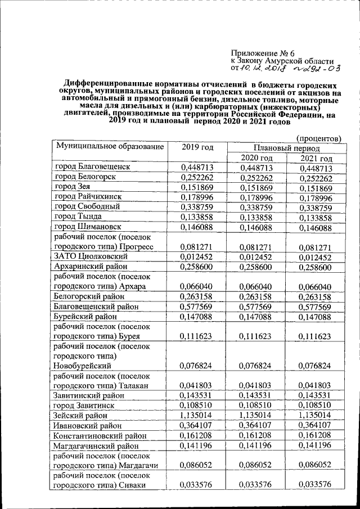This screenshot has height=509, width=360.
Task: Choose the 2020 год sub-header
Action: click(x=256, y=158)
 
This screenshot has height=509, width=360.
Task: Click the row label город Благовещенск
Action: click(x=93, y=168)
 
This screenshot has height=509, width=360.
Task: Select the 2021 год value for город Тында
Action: click(x=316, y=218)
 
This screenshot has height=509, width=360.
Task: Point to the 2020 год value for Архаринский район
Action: click(x=256, y=266)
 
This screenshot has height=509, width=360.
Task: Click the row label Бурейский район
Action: click(x=87, y=317)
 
